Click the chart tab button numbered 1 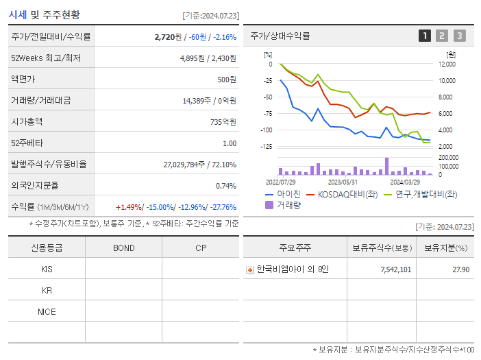(425, 36)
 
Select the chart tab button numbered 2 (442, 36)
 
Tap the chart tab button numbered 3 (459, 36)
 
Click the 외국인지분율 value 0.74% (225, 186)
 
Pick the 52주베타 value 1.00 (229, 143)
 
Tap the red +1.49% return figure (128, 207)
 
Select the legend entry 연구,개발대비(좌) (425, 195)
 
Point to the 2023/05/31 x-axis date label (343, 182)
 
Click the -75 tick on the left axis (268, 114)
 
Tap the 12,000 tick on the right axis (446, 64)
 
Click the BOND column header (123, 248)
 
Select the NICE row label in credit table (47, 311)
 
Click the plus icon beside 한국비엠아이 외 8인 (250, 269)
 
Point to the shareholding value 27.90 (461, 269)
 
